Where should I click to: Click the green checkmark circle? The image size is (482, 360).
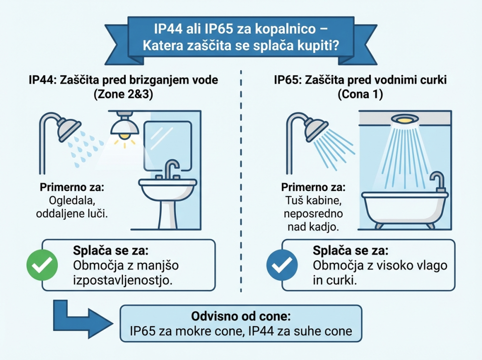pos(41,265)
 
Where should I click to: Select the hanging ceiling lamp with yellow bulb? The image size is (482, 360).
pos(124,126)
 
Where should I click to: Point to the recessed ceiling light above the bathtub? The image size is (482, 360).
pos(404,119)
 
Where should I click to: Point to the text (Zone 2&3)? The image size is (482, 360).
pos(123,95)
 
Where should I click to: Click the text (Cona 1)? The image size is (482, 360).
pos(361,95)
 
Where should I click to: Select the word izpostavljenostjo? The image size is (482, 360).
pos(123,280)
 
